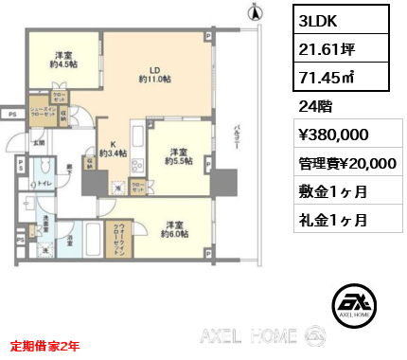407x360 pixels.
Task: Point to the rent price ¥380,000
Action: click(327, 134)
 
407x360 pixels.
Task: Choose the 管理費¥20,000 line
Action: click(342, 163)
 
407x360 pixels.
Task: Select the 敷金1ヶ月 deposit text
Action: click(323, 190)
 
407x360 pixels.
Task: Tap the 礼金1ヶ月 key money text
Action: click(323, 219)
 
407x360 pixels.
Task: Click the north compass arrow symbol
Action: click(252, 13)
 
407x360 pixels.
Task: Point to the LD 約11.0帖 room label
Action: click(154, 73)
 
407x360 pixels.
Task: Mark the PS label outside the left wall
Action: click(10, 114)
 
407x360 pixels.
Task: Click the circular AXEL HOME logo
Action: click(352, 305)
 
